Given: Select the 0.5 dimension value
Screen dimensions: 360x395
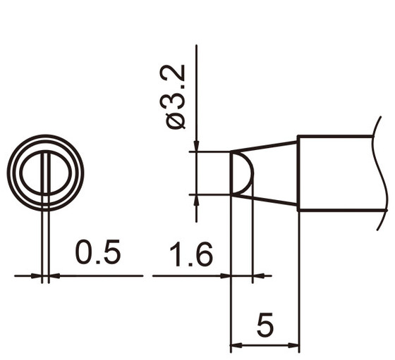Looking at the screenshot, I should [x=98, y=253].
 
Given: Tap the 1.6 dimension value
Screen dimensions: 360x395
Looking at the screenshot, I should [x=190, y=254].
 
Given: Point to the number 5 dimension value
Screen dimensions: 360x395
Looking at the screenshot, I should [x=265, y=325].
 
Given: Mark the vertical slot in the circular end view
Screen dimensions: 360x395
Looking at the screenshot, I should [x=45, y=172].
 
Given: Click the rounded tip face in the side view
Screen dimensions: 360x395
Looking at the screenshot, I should [x=242, y=173].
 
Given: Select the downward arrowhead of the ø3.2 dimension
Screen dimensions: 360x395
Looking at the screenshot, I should [x=196, y=144].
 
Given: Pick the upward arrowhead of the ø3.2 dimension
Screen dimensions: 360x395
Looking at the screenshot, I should [x=196, y=200].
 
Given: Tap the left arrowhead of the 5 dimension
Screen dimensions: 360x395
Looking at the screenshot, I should [x=237, y=346].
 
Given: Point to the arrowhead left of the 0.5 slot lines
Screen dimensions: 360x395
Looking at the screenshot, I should [x=36, y=275].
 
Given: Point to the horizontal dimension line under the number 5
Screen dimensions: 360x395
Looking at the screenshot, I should [x=265, y=346].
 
